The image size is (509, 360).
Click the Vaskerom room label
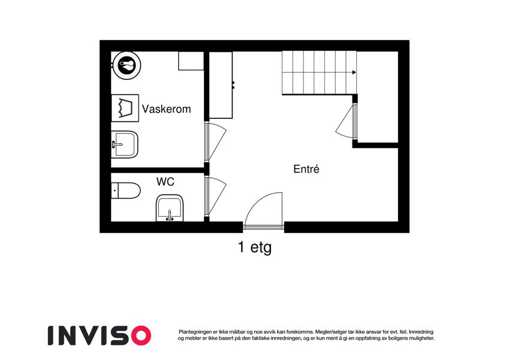point(166,109)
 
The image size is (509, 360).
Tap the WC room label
point(165,182)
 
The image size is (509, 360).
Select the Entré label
point(306,169)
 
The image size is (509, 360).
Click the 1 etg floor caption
point(255,247)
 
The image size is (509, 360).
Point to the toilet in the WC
point(126,191)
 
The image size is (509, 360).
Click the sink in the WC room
point(170,208)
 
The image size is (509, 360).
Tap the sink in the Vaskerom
point(125,144)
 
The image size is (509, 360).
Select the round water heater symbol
point(127,65)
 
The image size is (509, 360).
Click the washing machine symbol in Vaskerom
point(125,108)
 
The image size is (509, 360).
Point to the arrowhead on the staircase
point(354,73)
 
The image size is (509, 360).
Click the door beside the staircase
point(347,121)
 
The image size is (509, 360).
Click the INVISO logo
point(100,335)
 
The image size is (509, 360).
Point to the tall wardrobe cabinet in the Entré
point(221,85)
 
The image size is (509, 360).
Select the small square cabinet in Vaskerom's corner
point(191,61)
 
